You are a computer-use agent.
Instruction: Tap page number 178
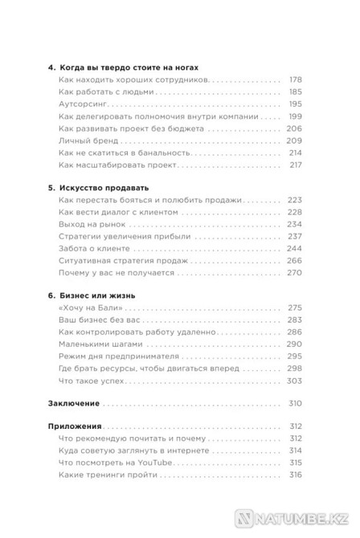tap(294, 80)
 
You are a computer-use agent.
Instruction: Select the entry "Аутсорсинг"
tap(86, 104)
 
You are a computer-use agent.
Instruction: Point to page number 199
tap(294, 116)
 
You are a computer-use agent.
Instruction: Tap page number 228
tap(294, 212)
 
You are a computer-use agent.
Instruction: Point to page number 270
tap(294, 272)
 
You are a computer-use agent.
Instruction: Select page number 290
tap(294, 344)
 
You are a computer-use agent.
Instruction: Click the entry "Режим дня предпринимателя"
tap(121, 356)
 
